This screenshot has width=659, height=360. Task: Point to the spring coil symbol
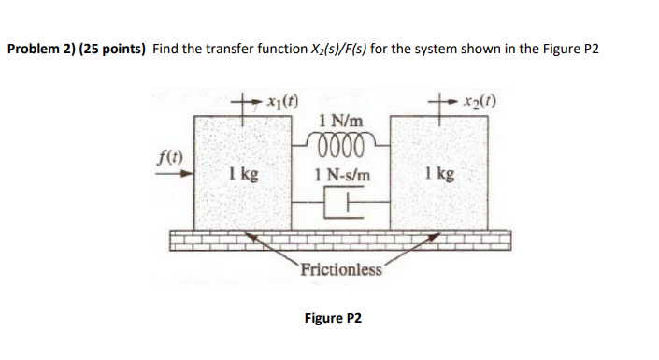tap(339, 140)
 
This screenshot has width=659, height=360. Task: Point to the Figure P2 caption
tap(332, 318)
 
